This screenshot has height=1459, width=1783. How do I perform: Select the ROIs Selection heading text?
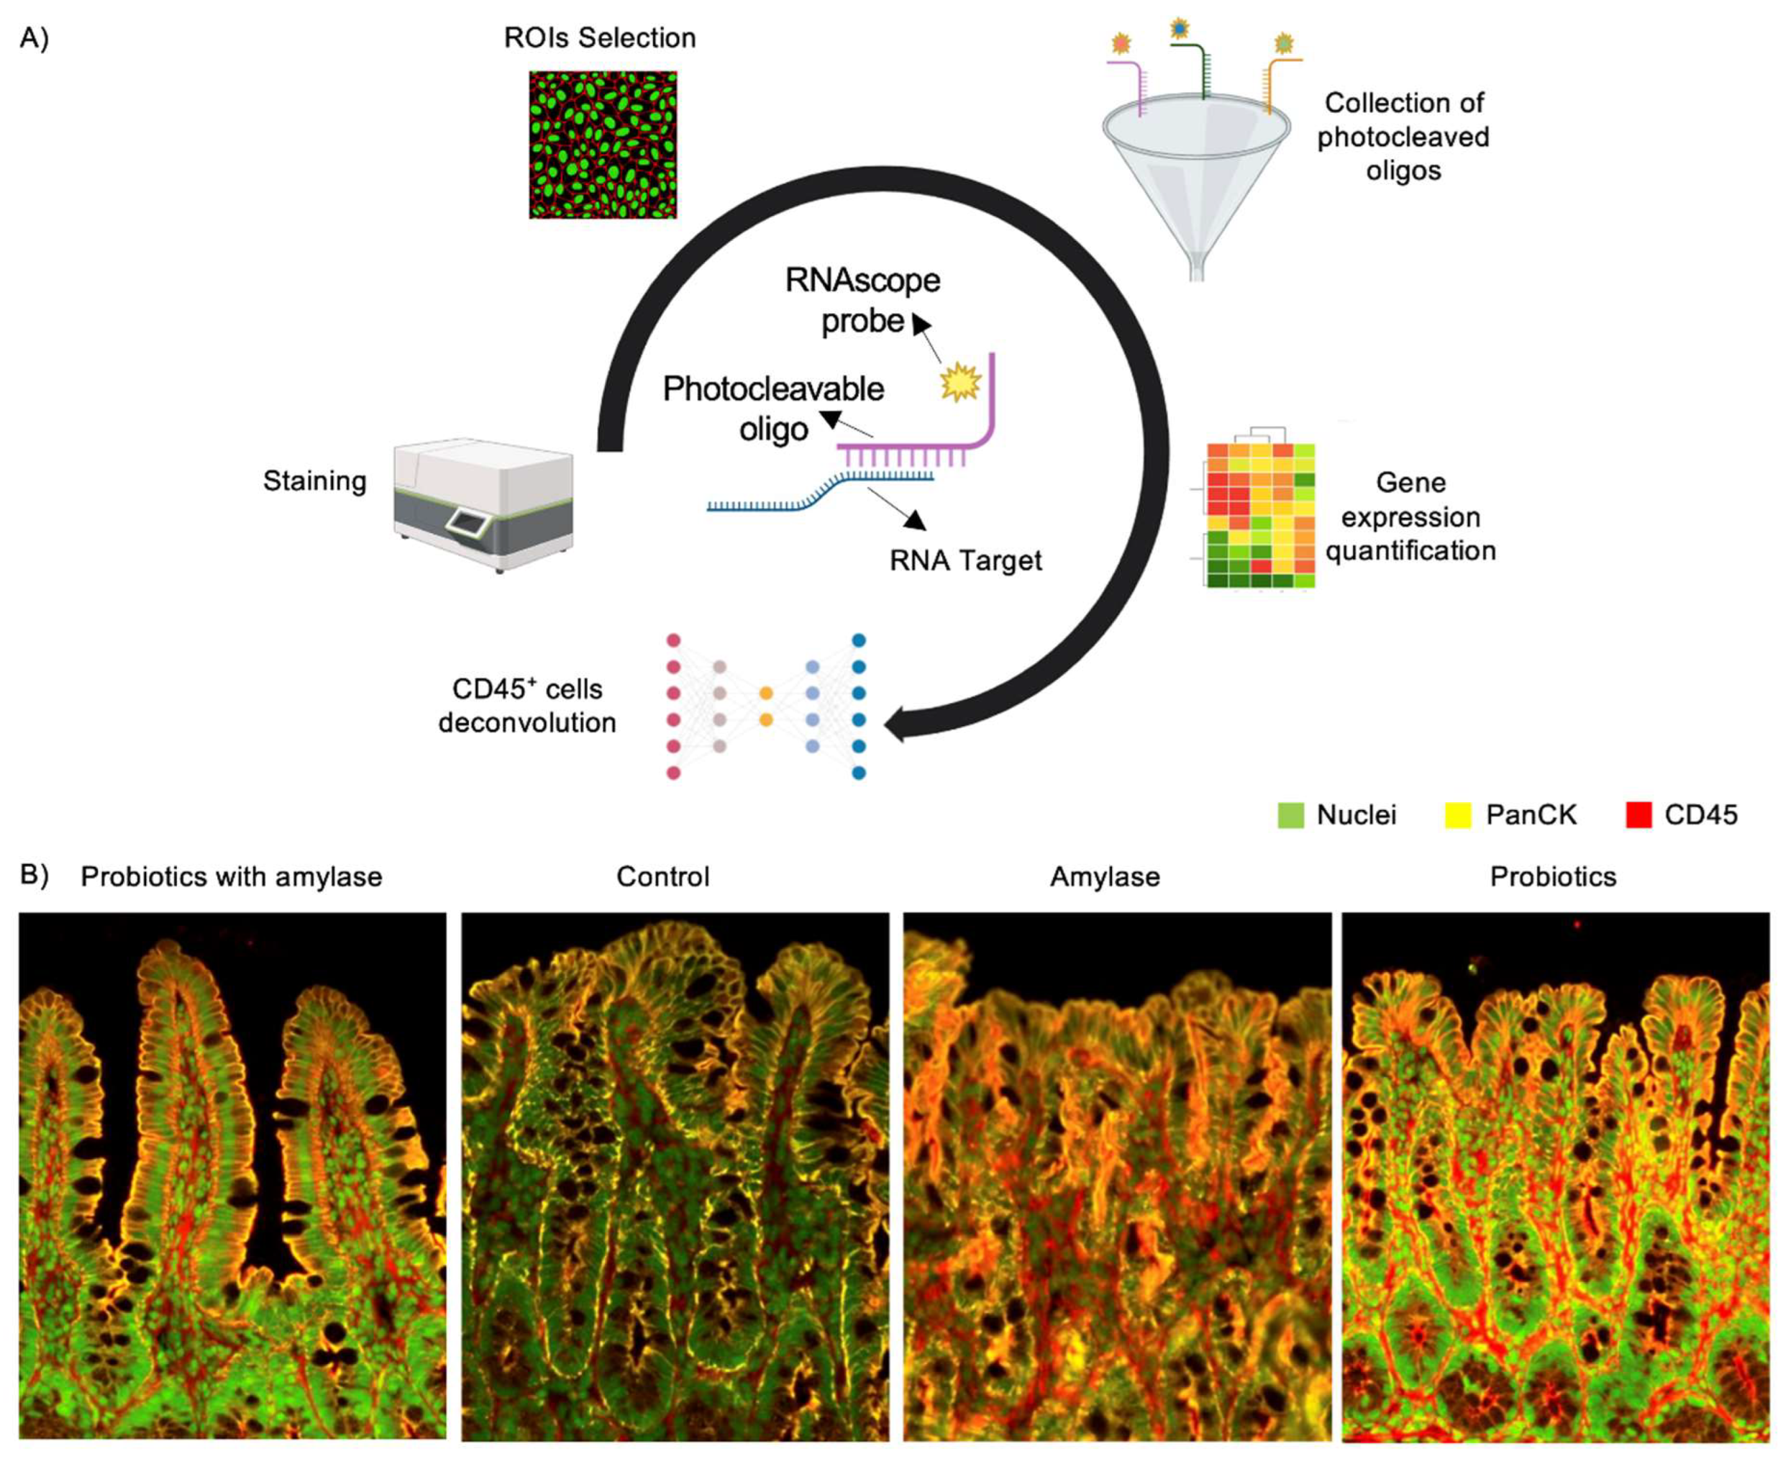pos(599,38)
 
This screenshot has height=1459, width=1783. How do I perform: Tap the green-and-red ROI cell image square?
pos(602,145)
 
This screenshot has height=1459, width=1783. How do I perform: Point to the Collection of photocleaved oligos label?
pos(1402,136)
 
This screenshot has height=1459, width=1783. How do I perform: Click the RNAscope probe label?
pos(863,300)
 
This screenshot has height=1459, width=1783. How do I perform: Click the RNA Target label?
pos(965,560)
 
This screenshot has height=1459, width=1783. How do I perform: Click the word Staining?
pos(315,481)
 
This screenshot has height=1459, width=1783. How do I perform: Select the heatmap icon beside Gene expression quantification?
pos(1259,512)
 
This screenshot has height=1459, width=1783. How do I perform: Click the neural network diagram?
pos(765,706)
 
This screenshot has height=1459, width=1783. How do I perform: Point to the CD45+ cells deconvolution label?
pos(527,705)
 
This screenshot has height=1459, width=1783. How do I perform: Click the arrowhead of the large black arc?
pos(896,723)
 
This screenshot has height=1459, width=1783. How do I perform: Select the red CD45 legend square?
pos(1638,814)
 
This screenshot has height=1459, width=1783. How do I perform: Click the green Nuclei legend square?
pos(1290,814)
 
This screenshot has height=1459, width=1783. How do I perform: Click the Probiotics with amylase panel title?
pos(231,877)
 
